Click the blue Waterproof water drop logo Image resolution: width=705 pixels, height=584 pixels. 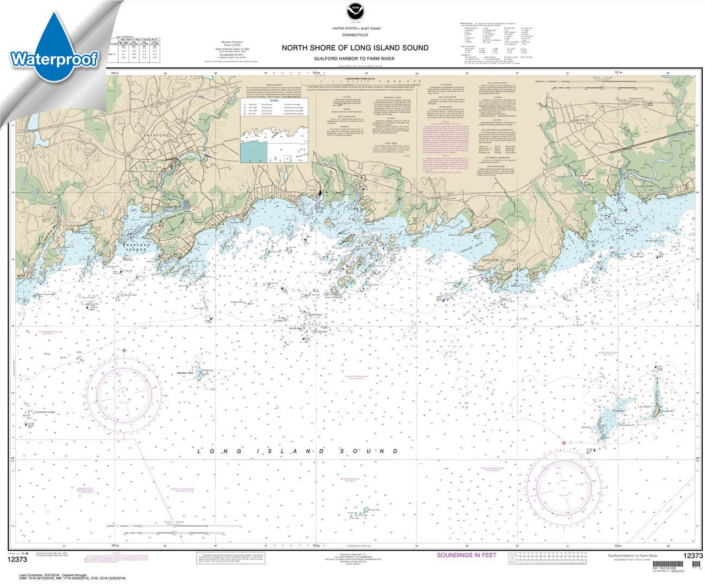(x=53, y=47)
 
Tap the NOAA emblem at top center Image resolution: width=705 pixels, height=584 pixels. (x=353, y=12)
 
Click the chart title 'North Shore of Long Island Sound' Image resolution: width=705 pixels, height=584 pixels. (x=355, y=48)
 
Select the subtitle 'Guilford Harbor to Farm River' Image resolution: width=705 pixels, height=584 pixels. (x=355, y=58)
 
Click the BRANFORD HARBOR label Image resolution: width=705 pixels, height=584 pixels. (x=135, y=247)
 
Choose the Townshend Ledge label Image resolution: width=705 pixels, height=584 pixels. (x=44, y=412)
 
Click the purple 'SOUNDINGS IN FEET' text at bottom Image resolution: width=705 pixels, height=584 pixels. (x=467, y=555)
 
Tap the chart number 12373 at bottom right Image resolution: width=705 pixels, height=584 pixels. (x=692, y=556)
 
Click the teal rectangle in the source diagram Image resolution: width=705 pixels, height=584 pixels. (x=253, y=151)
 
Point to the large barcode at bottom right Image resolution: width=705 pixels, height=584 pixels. (x=696, y=566)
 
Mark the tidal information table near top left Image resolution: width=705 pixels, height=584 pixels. (x=134, y=50)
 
